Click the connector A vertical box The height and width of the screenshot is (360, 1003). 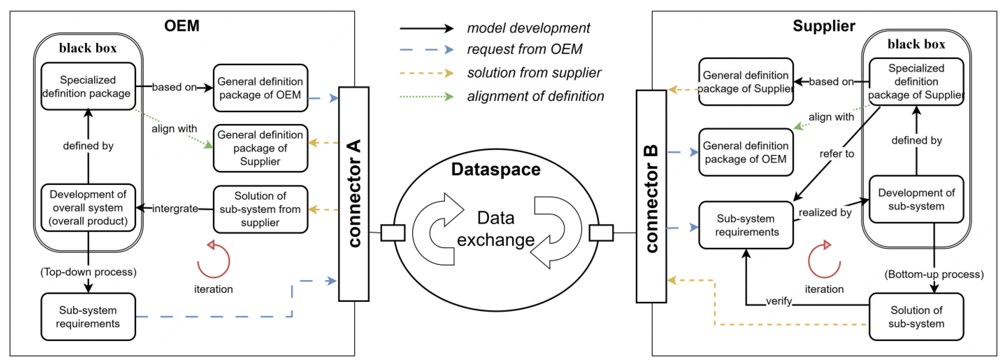(354, 194)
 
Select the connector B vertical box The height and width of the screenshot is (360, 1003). (651, 197)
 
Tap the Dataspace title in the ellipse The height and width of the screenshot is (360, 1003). (496, 169)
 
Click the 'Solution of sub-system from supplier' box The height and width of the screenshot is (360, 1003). (260, 209)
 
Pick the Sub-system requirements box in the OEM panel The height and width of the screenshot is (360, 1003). (88, 316)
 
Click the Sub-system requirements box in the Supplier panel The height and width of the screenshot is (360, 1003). (746, 225)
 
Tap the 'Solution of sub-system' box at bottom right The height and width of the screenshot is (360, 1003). (916, 316)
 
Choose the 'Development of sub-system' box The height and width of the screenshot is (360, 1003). (916, 199)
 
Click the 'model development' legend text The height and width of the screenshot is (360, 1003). (528, 28)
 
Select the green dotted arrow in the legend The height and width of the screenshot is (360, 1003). (426, 96)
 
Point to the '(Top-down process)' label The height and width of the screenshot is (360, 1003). (88, 272)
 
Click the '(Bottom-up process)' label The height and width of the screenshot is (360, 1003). (934, 274)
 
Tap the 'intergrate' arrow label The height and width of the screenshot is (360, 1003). (175, 209)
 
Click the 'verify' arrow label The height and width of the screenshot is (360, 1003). (779, 301)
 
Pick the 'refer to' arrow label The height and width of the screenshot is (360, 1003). (836, 154)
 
